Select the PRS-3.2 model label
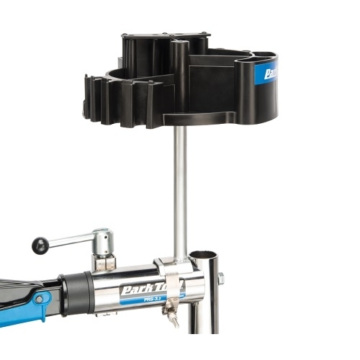click(x=152, y=298)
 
